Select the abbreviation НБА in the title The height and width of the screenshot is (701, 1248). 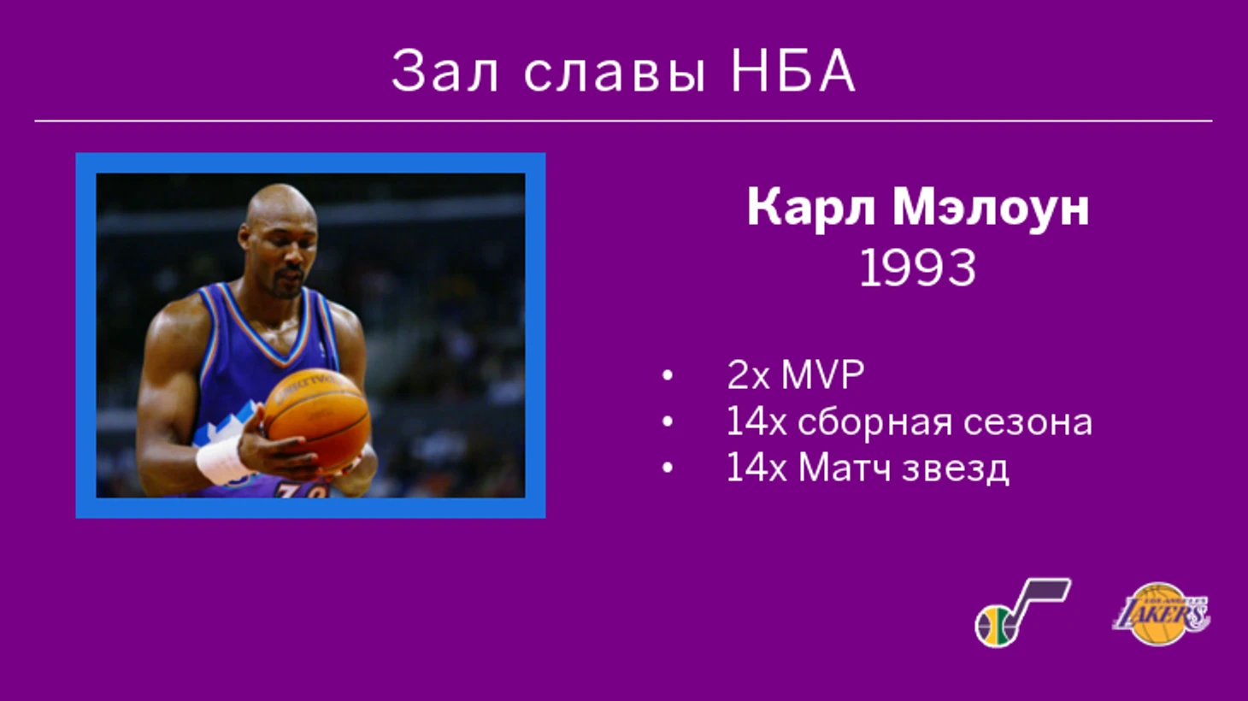pos(792,71)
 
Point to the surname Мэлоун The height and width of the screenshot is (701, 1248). pos(991,207)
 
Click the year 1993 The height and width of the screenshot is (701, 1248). pos(917,268)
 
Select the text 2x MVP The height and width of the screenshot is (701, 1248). pos(795,374)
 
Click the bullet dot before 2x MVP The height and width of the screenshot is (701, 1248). pos(667,375)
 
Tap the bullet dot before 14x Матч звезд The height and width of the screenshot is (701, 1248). pos(667,468)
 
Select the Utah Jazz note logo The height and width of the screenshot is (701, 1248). pos(1021,613)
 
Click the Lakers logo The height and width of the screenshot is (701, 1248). pos(1161,614)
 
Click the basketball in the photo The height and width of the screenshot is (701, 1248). pos(317,418)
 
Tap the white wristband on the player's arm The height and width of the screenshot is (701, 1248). pos(220,460)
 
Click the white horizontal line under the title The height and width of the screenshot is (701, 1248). pos(623,121)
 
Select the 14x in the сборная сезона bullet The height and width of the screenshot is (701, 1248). pos(756,421)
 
